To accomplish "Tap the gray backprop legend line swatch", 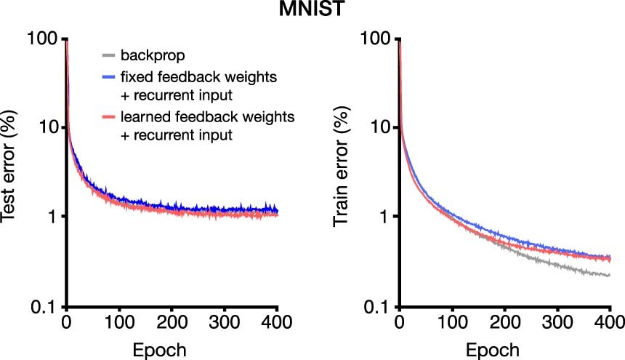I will click(x=108, y=54).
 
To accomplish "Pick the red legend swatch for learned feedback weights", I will click(x=108, y=116).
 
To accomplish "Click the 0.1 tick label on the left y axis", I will click(x=46, y=306).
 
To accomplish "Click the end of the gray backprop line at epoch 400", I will click(x=609, y=275).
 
